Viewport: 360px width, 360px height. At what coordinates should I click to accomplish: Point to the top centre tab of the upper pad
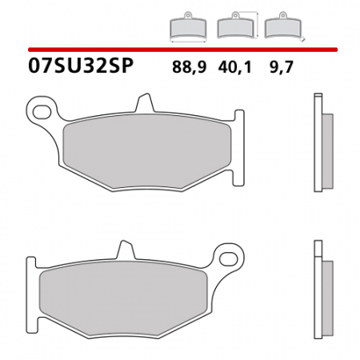coord(144,102)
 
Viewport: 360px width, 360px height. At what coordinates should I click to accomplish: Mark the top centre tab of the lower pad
coord(125,249)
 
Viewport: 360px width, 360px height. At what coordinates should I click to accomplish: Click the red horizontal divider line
coord(180,49)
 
